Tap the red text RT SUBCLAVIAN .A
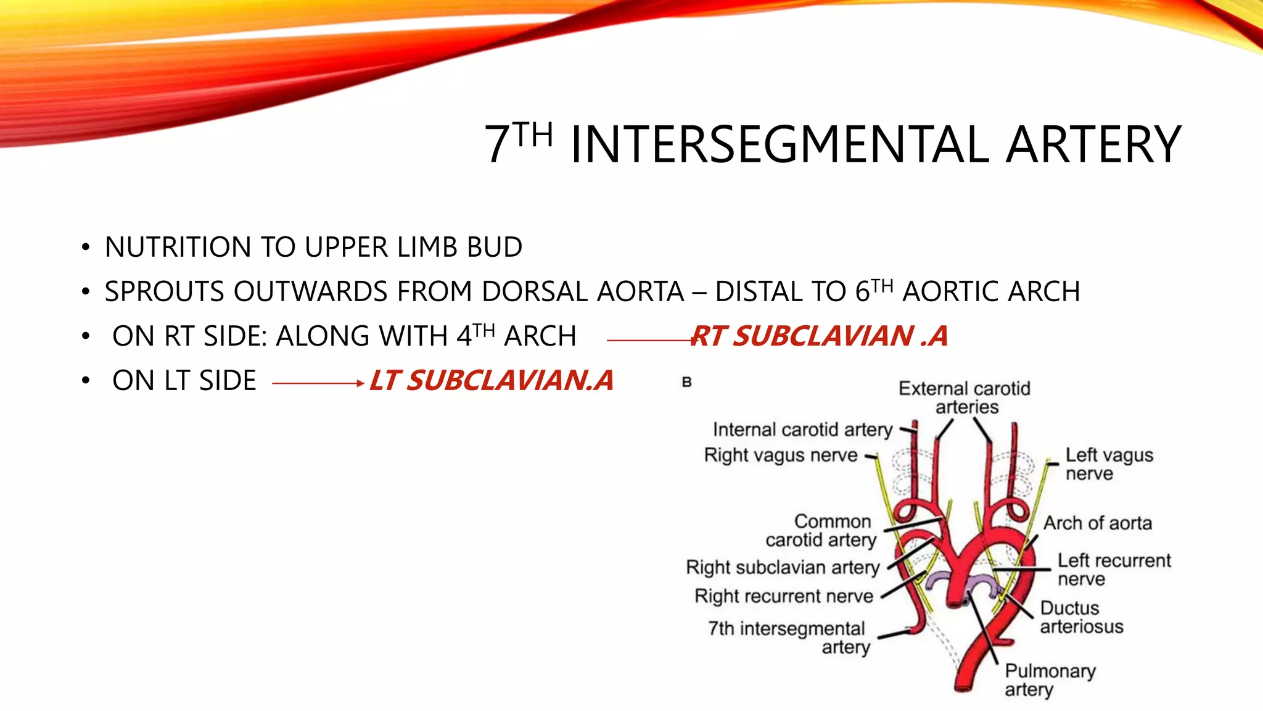pyautogui.click(x=819, y=336)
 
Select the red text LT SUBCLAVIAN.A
pyautogui.click(x=492, y=381)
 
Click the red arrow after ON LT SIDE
pyautogui.click(x=318, y=383)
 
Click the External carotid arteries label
pyautogui.click(x=965, y=397)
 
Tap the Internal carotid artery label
pyautogui.click(x=802, y=430)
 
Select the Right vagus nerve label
pyautogui.click(x=781, y=455)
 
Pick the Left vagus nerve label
pyautogui.click(x=1108, y=464)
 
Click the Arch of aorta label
pyautogui.click(x=1097, y=523)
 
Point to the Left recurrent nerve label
pyautogui.click(x=1113, y=570)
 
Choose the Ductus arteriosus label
pyautogui.click(x=1081, y=617)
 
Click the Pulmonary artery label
pyautogui.click(x=1050, y=680)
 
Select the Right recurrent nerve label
pyautogui.click(x=784, y=596)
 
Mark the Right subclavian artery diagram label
pyautogui.click(x=783, y=567)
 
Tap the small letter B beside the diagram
pyautogui.click(x=687, y=383)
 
